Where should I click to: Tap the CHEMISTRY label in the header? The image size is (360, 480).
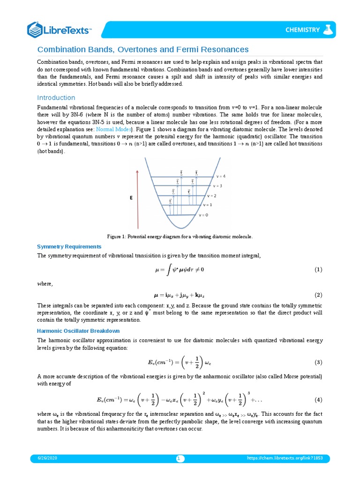coord(302,30)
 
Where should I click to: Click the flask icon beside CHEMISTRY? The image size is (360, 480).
coord(328,30)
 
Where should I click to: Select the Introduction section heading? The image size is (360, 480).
coord(56,97)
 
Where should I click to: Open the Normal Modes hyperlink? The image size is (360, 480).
coord(113,129)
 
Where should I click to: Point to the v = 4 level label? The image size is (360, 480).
coord(221,176)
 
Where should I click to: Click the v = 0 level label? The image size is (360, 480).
coord(203,215)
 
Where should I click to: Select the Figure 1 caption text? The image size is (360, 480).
coord(180,237)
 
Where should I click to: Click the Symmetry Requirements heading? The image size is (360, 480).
coord(69,247)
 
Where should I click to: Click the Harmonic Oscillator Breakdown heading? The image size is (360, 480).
coord(75,331)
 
